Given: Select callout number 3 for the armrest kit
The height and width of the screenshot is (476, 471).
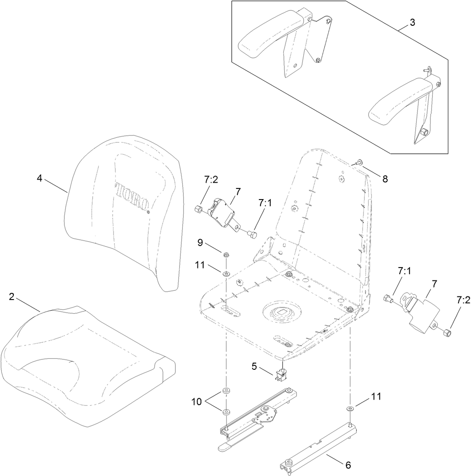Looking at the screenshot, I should [x=413, y=23].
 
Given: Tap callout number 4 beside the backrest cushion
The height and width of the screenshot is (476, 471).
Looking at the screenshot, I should [x=40, y=178].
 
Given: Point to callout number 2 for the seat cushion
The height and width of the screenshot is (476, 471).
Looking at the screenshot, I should [x=12, y=297].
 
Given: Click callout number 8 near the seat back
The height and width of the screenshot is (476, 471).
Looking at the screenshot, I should [x=385, y=179].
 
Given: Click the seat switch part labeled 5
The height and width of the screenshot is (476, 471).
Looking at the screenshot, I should [x=281, y=375].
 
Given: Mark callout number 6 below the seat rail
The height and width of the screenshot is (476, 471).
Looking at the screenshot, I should [x=348, y=465].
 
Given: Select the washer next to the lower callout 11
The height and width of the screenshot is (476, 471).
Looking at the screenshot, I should [x=350, y=408].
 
